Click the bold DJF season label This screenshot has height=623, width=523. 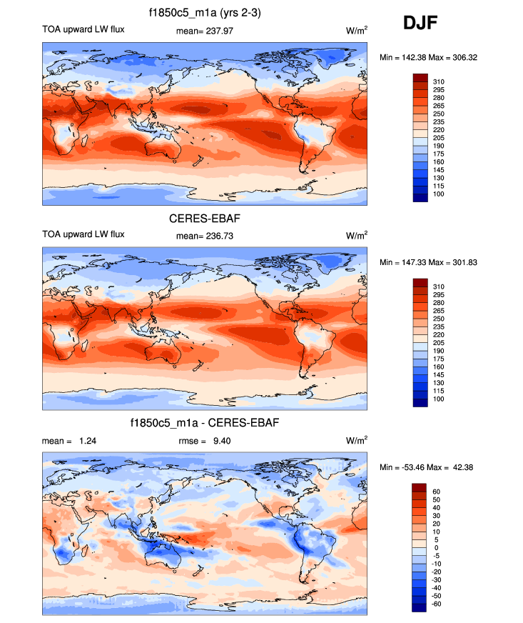click(420, 23)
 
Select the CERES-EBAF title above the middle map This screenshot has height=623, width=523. click(205, 217)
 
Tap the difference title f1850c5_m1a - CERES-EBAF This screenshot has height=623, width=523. click(205, 424)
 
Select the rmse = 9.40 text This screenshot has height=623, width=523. click(204, 441)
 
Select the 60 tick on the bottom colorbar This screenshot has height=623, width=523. click(437, 492)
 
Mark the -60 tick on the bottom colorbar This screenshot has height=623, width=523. click(437, 604)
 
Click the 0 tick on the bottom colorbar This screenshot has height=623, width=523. click(435, 548)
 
